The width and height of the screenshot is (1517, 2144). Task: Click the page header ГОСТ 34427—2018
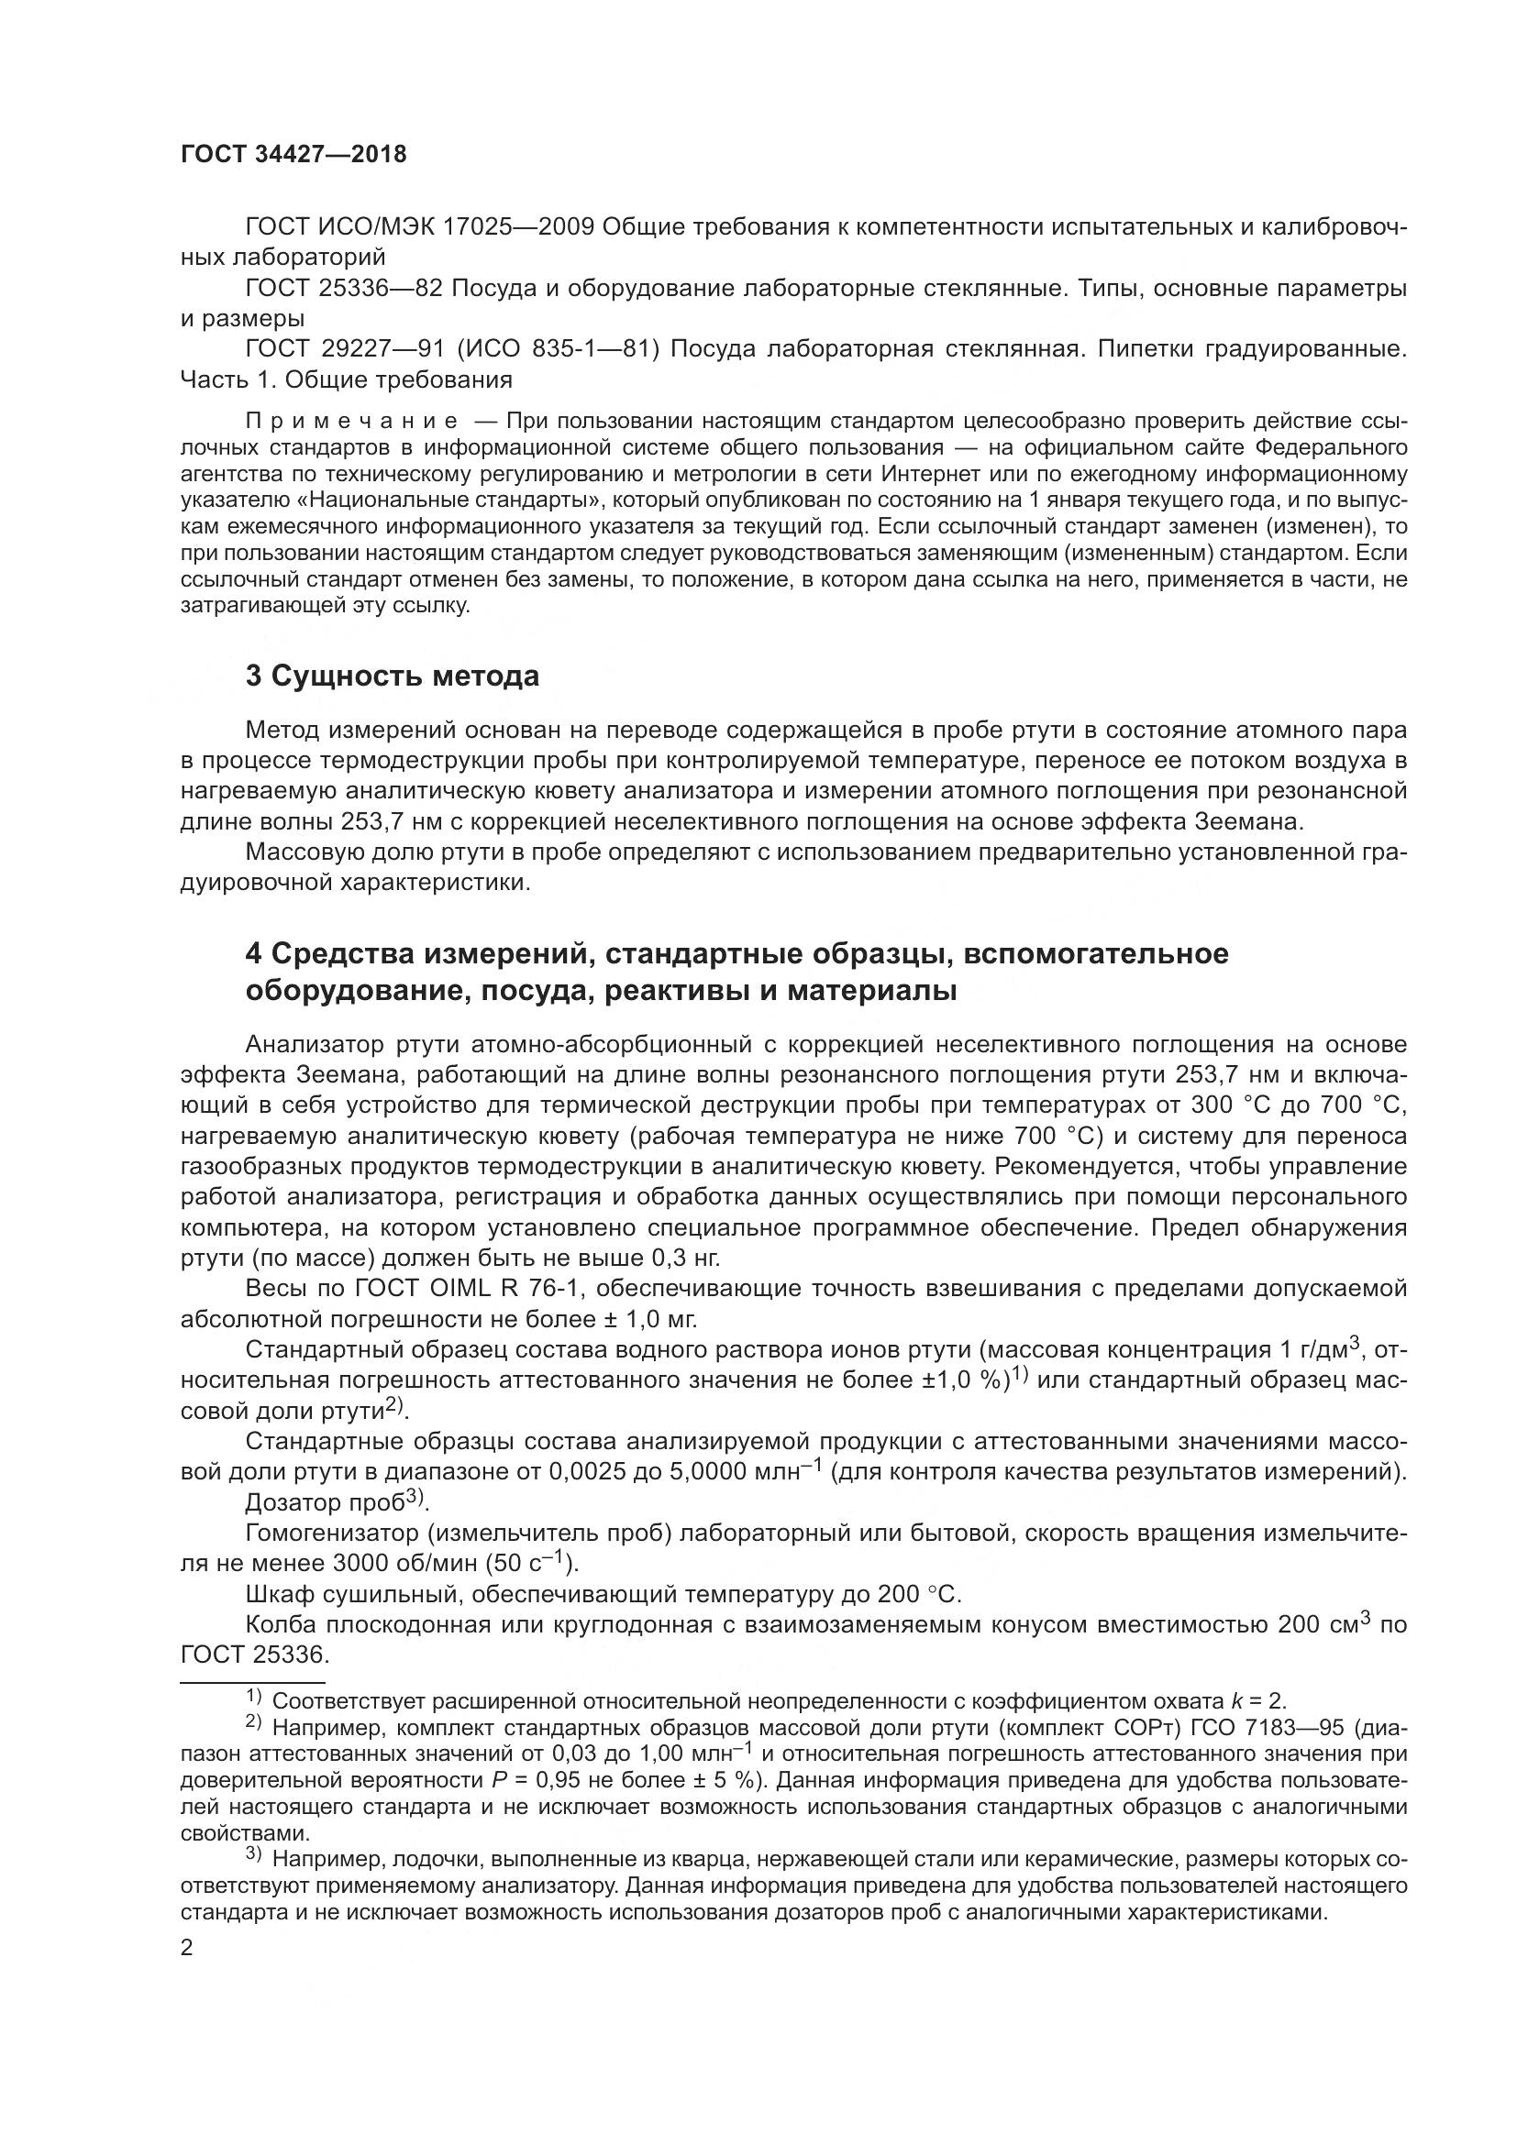(294, 155)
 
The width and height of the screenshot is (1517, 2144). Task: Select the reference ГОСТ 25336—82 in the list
(344, 288)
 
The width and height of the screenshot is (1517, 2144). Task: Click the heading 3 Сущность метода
(393, 676)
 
